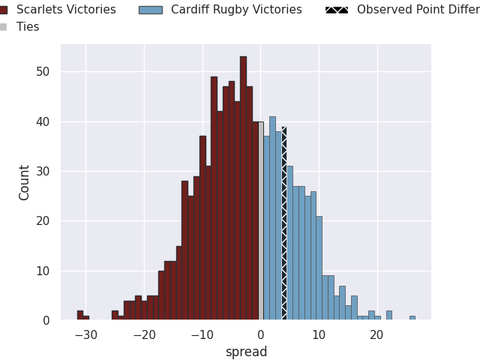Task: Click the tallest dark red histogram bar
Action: [x=243, y=187]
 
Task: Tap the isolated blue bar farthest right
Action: [x=412, y=318]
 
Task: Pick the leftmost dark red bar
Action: [x=79, y=315]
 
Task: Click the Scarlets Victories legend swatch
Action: [x=4, y=10]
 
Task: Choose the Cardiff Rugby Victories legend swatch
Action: [x=151, y=10]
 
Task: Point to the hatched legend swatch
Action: [x=337, y=10]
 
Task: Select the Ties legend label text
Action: [x=28, y=27]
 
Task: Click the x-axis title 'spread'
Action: [x=246, y=352]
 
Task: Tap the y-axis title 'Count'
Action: [x=25, y=182]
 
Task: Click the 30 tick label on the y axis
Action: [x=45, y=171]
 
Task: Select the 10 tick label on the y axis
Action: [x=45, y=271]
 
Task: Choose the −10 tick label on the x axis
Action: [x=202, y=336]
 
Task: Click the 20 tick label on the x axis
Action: [x=376, y=336]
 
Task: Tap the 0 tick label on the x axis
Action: [x=260, y=336]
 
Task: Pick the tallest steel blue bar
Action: [x=272, y=218]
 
